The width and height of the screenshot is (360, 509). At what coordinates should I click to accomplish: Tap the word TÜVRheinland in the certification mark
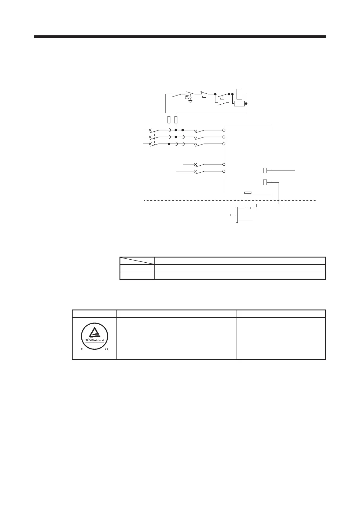(x=94, y=340)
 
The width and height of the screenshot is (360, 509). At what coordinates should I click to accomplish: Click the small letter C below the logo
(x=82, y=349)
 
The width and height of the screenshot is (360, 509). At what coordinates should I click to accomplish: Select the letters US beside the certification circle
(x=107, y=349)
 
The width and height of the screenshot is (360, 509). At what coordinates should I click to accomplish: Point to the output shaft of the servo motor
(x=233, y=215)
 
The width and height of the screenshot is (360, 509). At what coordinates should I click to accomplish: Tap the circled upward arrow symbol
(x=187, y=97)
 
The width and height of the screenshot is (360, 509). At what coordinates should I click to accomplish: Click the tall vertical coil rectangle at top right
(x=239, y=94)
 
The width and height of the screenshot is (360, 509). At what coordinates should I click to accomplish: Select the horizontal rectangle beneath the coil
(x=239, y=104)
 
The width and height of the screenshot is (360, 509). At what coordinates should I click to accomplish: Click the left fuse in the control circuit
(x=169, y=120)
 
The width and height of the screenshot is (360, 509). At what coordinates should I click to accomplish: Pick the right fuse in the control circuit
(x=176, y=120)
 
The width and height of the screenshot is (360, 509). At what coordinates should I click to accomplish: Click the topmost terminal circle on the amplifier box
(x=224, y=130)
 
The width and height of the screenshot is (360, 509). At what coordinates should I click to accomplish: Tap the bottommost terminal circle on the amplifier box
(x=224, y=171)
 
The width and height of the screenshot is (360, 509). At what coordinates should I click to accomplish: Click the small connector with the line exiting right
(x=265, y=170)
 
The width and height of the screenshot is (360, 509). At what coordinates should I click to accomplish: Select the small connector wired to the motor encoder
(x=265, y=182)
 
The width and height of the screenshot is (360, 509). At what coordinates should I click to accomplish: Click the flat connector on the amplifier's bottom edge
(x=248, y=193)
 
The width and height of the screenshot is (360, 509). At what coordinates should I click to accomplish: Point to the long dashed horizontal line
(x=230, y=200)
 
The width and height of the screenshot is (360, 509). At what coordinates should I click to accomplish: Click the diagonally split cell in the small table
(x=137, y=261)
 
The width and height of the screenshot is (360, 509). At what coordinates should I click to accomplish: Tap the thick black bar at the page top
(x=180, y=37)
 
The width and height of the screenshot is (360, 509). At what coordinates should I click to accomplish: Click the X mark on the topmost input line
(x=150, y=130)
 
